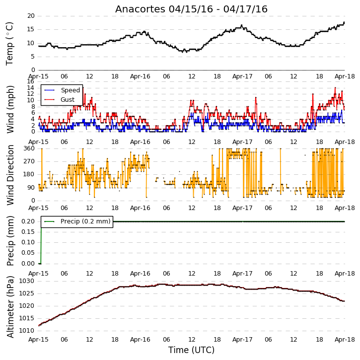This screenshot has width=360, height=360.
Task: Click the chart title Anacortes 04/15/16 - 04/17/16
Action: tap(191, 9)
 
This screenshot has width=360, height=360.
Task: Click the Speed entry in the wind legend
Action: tap(70, 90)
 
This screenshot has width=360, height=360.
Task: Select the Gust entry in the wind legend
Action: tap(68, 100)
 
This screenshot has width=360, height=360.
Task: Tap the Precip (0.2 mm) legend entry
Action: tap(85, 221)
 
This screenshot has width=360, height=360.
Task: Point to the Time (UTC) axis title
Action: tap(191, 350)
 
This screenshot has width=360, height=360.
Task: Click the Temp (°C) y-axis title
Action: tap(9, 44)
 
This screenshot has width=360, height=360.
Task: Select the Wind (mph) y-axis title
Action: tap(10, 109)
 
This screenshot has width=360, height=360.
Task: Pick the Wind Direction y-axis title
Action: tap(10, 175)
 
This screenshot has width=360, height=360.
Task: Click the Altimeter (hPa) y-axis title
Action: tap(10, 307)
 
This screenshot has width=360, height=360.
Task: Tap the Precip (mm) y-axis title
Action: tap(10, 241)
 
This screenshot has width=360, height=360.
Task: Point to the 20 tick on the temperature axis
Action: tap(31, 16)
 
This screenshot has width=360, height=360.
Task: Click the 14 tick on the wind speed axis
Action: tap(30, 88)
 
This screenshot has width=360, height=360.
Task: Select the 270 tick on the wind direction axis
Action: tap(29, 161)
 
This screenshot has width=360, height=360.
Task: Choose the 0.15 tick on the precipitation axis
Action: tap(28, 232)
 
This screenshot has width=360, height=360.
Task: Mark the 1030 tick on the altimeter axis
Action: tap(26, 281)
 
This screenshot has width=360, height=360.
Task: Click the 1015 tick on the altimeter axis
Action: tap(26, 318)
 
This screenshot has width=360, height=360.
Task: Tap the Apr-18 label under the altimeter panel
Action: tap(345, 339)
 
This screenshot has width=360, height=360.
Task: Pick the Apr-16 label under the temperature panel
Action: tap(140, 76)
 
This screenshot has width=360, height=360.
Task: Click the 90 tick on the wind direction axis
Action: tap(31, 188)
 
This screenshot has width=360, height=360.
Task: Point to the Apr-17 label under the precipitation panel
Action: tap(242, 274)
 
